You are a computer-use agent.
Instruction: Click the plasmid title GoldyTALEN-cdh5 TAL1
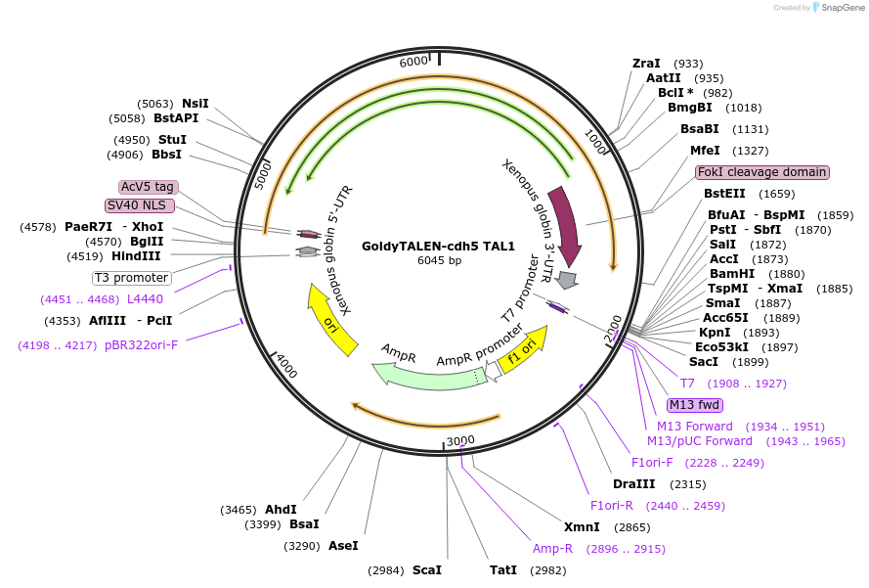(438, 246)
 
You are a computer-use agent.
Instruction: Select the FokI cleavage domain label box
(762, 172)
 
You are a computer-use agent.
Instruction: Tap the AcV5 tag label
(149, 187)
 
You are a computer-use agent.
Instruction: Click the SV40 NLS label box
(140, 205)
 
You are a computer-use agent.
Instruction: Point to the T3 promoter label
(132, 277)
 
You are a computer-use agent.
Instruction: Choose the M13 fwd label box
(694, 405)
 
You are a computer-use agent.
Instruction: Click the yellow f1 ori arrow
(522, 350)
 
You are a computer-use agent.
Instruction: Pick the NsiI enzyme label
(196, 103)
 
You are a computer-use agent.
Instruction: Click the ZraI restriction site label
(646, 64)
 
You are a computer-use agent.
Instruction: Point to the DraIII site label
(632, 484)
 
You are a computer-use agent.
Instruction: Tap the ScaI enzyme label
(427, 569)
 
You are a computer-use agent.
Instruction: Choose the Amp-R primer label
(552, 549)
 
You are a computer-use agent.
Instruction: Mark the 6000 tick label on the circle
(414, 62)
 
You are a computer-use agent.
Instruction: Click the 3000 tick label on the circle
(460, 441)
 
